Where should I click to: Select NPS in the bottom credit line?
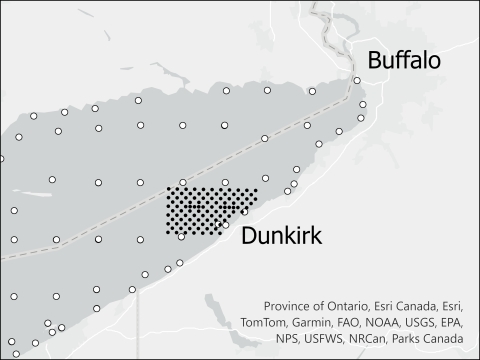tap(286, 341)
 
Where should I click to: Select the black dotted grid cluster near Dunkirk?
tap(208, 210)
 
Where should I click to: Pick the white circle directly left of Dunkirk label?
tap(225, 226)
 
